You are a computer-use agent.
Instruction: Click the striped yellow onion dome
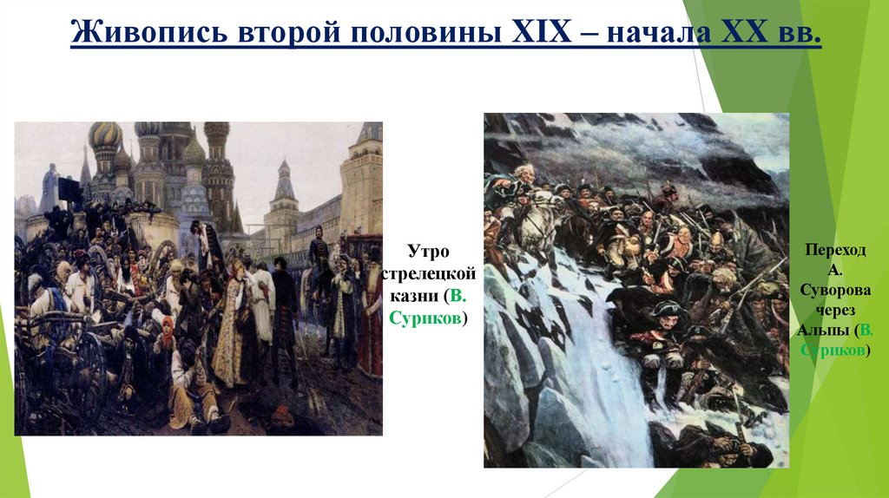click(106, 135)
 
